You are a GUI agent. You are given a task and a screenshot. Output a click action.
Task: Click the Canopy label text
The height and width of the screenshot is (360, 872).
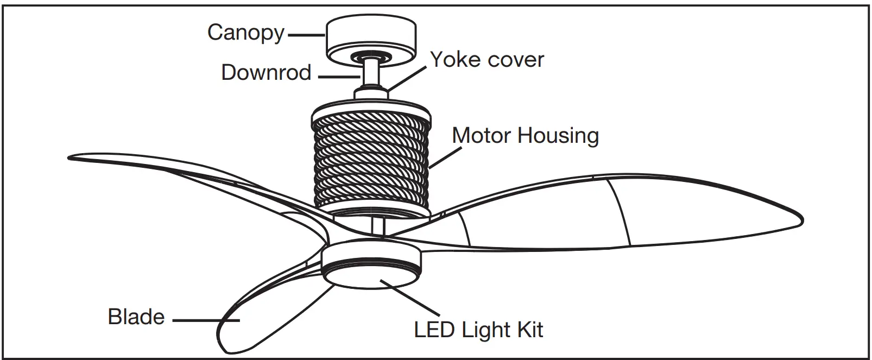pos(245,33)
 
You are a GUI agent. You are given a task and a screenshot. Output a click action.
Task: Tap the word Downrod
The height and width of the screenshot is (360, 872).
pos(266,72)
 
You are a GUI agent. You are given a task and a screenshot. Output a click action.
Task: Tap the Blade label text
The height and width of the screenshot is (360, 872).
pos(136,317)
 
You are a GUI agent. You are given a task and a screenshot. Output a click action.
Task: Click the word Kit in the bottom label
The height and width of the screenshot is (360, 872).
pos(529,330)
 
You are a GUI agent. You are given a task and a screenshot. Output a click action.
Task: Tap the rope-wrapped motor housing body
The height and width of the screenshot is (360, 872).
pos(371,157)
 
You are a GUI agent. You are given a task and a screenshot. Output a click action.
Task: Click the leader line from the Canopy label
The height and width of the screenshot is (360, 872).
pos(306,35)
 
